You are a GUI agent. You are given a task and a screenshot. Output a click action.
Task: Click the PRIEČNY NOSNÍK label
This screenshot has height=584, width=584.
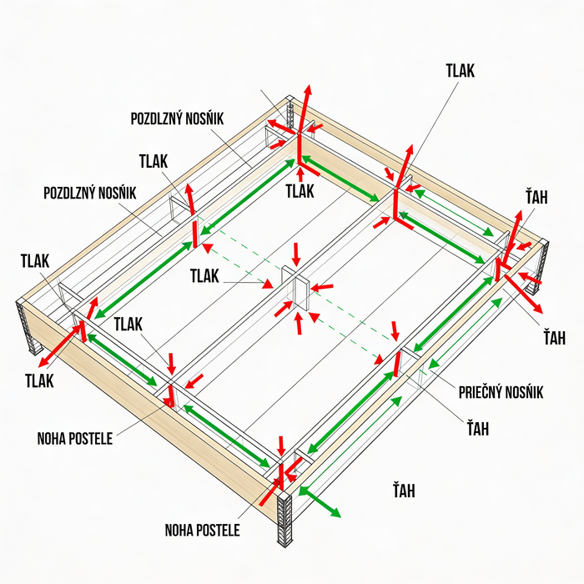tap(501, 392)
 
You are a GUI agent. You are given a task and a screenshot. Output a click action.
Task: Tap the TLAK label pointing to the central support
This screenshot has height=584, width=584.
tap(204, 276)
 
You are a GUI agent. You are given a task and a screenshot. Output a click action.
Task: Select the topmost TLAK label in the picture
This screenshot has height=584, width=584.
tap(461, 71)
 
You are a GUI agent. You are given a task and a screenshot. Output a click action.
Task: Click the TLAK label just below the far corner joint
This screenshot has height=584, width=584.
tap(300, 191)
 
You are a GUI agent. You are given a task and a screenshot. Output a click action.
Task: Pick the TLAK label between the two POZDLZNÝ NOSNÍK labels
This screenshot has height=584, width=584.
tap(154, 162)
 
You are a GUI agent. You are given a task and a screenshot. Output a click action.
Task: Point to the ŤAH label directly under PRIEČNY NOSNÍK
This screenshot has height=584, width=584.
tap(478, 428)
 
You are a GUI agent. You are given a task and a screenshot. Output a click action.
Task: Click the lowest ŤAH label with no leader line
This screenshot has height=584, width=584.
tap(404, 491)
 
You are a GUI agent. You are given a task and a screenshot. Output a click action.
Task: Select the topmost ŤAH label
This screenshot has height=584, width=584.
tap(536, 197)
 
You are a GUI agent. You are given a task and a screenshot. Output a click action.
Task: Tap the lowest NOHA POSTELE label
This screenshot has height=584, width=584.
tap(202, 530)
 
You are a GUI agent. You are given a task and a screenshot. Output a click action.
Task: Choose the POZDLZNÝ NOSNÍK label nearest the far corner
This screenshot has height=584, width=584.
tap(177, 118)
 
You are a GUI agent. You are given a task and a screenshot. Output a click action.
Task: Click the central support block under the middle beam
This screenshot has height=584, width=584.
tap(295, 288)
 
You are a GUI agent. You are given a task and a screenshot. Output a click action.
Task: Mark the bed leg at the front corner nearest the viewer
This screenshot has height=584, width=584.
tap(284, 519)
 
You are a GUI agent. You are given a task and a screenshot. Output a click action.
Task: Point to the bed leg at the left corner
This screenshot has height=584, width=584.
tap(30, 328)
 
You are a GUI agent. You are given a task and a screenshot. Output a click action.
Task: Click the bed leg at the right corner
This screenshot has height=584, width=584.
tap(538, 266)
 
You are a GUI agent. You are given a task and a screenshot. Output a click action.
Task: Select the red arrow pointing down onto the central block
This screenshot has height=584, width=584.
tap(296, 254)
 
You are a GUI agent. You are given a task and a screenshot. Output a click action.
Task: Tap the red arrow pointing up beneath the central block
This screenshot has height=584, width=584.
tap(299, 324)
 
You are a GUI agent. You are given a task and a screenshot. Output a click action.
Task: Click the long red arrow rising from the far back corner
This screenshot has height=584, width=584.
tap(305, 109)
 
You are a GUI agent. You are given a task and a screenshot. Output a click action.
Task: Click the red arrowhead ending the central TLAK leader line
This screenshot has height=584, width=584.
tap(268, 284)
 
